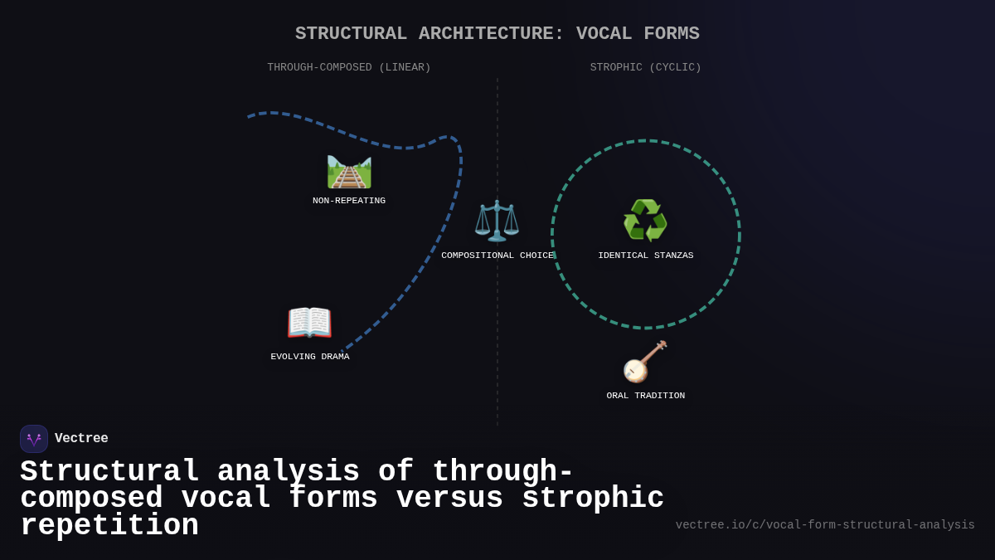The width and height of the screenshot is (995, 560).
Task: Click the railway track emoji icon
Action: coord(349,172)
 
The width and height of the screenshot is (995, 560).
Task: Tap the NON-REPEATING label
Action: coord(349,201)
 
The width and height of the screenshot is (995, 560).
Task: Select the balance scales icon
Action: coord(497,221)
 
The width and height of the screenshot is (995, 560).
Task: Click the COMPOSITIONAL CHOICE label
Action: coord(497,256)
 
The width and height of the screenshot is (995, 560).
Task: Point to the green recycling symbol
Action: coord(645,221)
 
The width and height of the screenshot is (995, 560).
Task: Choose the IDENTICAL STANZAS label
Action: coord(645,256)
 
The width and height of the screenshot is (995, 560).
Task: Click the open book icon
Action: coord(309,323)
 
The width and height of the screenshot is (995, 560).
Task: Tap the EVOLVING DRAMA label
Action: coord(310,357)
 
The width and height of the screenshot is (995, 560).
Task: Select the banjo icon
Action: coord(645,362)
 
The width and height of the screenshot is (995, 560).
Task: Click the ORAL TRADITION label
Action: coord(645,396)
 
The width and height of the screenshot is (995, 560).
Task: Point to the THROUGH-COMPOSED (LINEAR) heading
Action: coord(349,68)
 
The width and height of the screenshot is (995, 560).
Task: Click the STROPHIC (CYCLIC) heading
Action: coord(645,68)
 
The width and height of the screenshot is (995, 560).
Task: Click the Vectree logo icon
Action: coord(34,439)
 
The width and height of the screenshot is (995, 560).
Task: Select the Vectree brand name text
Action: coord(81,439)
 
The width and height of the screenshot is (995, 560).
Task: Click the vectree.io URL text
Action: coord(824,525)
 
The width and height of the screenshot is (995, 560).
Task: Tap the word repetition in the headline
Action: coord(109,526)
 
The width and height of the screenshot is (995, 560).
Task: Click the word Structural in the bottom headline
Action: coord(109,472)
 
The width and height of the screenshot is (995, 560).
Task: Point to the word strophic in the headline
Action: coord(593,499)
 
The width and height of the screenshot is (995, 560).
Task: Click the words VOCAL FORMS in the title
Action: coord(638,34)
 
